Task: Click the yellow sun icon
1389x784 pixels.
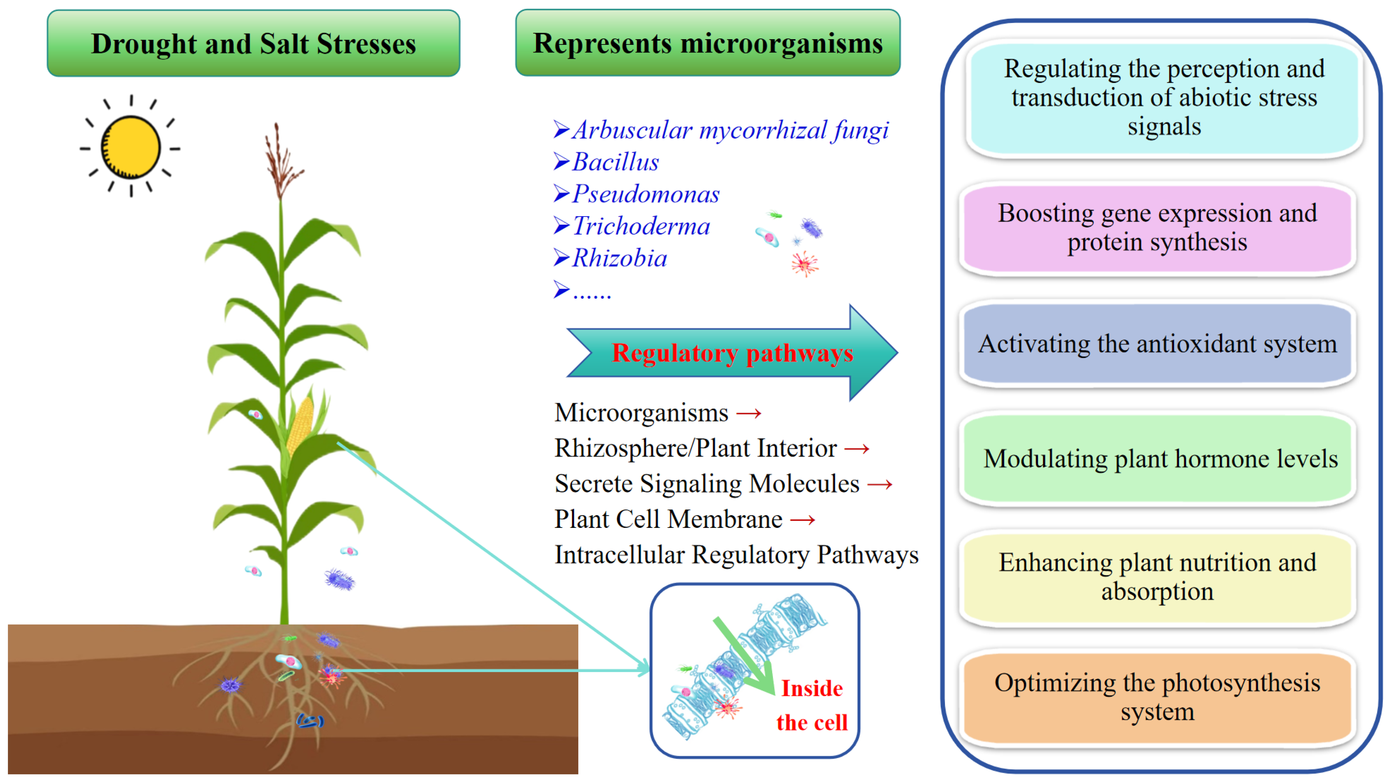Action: tap(131, 147)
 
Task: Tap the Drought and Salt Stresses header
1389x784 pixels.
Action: tap(253, 43)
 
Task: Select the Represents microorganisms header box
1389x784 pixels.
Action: tap(707, 43)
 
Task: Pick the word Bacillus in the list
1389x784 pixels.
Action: tap(615, 162)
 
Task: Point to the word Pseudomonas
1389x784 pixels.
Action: tap(645, 194)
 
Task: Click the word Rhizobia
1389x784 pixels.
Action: tap(619, 258)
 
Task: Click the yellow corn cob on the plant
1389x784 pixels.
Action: tap(300, 423)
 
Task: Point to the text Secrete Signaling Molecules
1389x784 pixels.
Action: tap(707, 484)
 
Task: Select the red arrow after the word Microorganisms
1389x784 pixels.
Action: tap(749, 414)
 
